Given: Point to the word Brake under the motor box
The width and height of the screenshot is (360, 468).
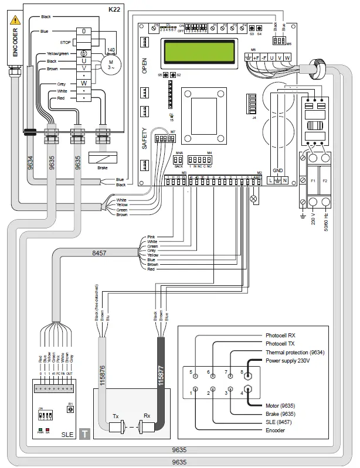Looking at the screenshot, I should tap(102, 168).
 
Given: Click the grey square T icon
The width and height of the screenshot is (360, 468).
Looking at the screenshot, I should tap(85, 434).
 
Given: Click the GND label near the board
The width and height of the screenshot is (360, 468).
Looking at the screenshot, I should tap(279, 172).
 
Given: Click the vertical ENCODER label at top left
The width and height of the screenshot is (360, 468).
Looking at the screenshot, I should tap(16, 43).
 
